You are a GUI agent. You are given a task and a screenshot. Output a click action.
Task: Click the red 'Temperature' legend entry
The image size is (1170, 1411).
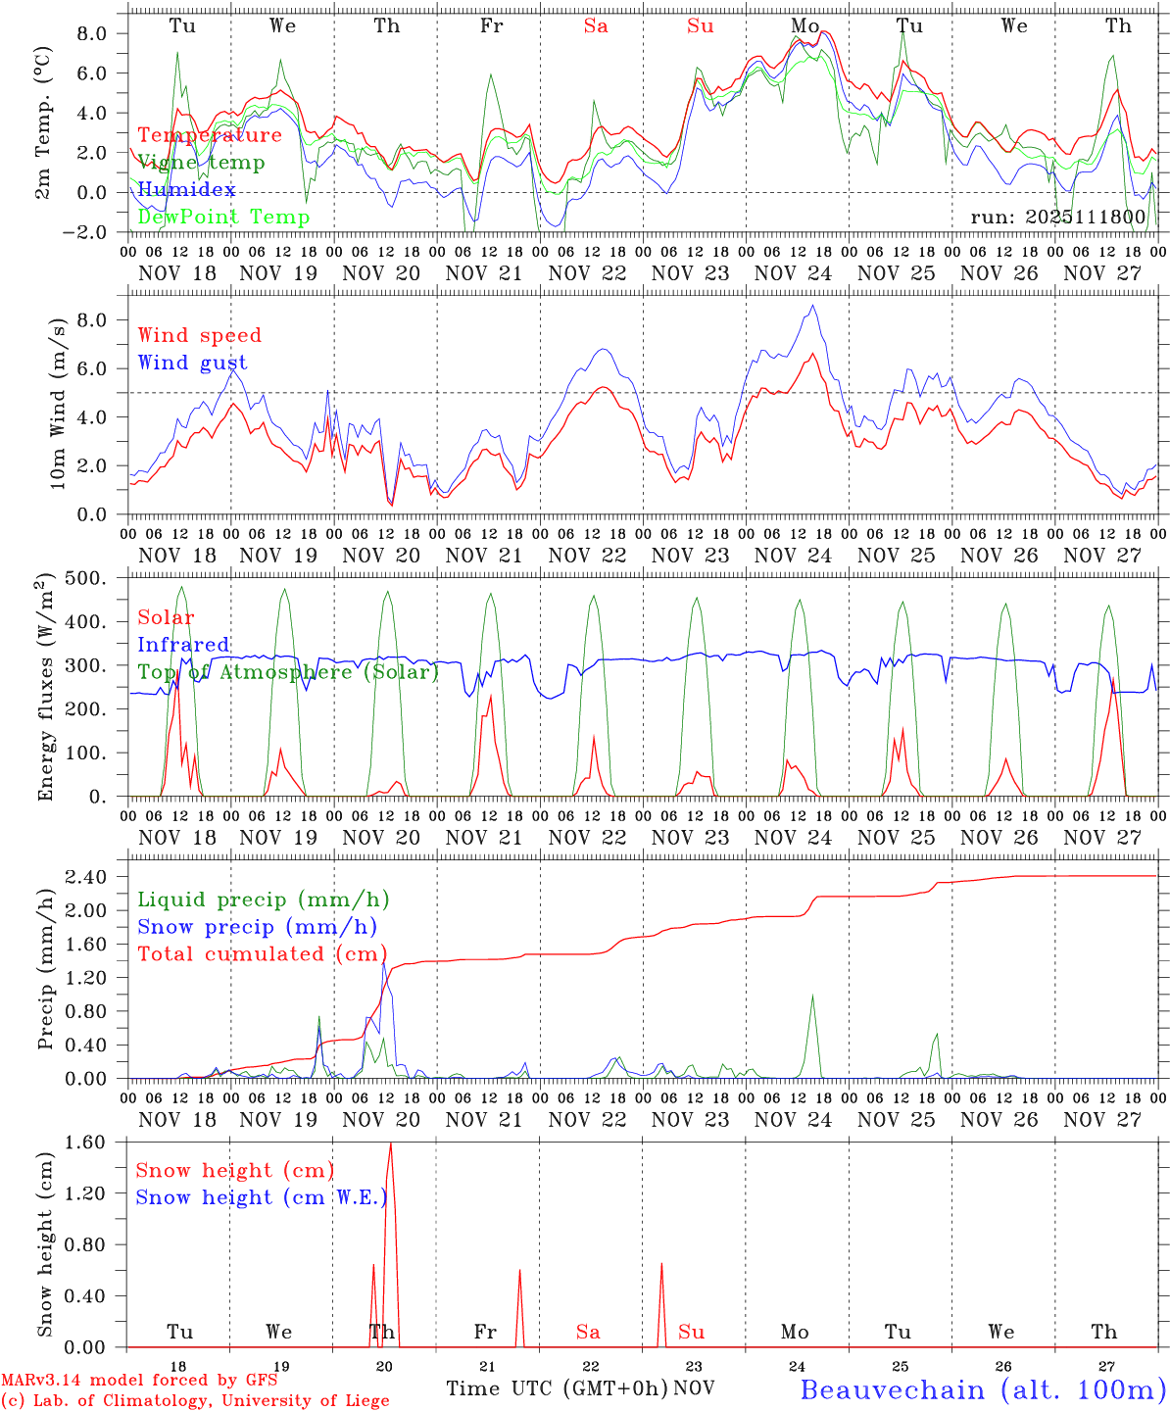[210, 135]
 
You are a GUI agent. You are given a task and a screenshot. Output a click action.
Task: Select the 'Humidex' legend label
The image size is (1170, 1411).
[186, 189]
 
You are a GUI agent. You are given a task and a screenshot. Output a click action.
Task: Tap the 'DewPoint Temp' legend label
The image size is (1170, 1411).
[223, 217]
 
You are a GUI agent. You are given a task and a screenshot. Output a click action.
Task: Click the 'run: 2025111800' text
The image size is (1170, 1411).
[1057, 217]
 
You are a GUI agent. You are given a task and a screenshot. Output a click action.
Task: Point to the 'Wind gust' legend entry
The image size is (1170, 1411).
[192, 363]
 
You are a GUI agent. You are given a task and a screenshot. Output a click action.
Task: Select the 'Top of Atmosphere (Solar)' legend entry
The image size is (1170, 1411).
[288, 672]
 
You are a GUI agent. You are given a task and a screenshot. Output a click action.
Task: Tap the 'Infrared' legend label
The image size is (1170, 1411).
[183, 645]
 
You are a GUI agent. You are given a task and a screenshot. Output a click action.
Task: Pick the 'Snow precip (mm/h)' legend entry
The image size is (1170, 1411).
[257, 927]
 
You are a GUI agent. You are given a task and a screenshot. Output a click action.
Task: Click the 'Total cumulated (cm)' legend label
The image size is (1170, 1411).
[262, 953]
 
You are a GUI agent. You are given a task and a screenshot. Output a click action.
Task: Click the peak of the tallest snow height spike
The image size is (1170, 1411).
[391, 1143]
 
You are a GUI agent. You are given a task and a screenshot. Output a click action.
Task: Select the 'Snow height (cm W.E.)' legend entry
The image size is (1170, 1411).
[262, 1197]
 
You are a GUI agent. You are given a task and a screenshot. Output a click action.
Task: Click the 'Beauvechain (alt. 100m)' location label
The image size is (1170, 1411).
[983, 1389]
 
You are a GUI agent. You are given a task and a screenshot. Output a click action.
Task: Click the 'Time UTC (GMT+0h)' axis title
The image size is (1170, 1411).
[558, 1388]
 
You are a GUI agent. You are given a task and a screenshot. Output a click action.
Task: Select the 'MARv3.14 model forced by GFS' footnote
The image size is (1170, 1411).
[139, 1381]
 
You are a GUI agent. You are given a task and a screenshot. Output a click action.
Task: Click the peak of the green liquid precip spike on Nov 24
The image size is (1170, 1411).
[811, 996]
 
